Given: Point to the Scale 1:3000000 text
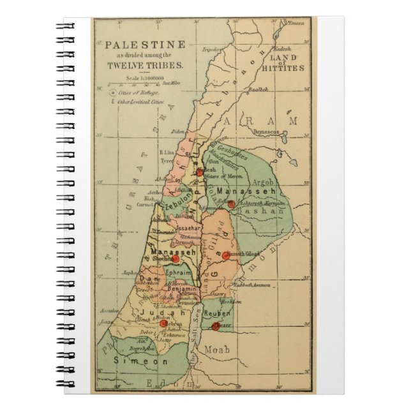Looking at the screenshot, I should (137, 78).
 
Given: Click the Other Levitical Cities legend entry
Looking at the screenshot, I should (138, 101).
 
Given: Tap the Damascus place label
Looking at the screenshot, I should (267, 131).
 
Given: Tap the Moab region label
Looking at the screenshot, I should (217, 350).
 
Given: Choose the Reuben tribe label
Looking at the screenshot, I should (218, 315).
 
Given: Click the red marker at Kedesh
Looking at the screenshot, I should (200, 171).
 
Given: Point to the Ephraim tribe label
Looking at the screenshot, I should (178, 273).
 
